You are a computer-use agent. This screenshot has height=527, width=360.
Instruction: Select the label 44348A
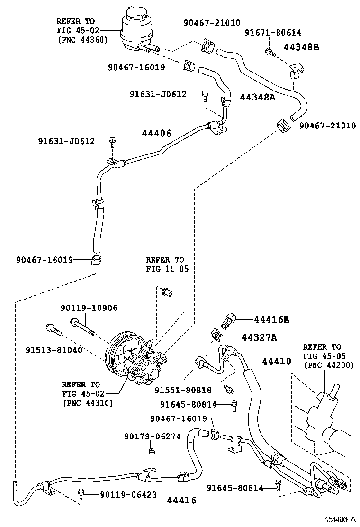[257, 97]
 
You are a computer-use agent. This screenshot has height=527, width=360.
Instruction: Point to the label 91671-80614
[272, 32]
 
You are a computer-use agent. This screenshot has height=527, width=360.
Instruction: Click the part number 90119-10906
[89, 308]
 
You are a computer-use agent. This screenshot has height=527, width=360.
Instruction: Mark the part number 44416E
[271, 319]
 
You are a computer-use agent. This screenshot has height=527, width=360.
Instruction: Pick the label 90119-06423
[128, 495]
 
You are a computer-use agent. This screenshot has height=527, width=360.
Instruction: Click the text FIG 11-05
[167, 269]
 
